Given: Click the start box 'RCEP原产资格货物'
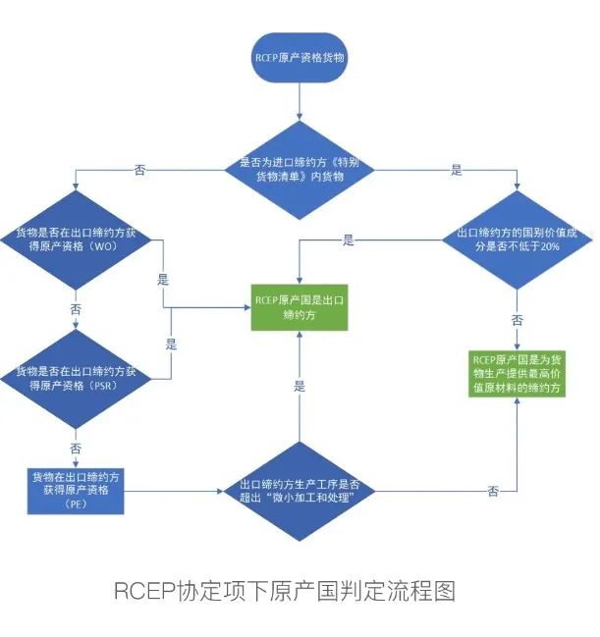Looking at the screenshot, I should pos(298,58).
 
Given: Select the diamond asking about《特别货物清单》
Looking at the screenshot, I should pos(298,169).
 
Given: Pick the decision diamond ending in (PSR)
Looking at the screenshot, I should pos(76,378).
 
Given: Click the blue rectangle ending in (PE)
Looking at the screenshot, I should pos(77,490).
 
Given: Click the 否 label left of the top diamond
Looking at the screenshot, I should pos(139,170).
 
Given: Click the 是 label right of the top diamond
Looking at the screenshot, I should pos(456,170).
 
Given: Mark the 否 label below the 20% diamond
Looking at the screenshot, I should pos(518,320).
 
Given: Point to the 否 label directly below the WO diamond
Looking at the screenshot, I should pos(77,308).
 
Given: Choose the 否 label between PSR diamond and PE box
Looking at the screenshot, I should pos(77,447).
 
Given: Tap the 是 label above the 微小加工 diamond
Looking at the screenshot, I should pos(300,388).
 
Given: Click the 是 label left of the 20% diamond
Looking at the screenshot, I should pos(348,239).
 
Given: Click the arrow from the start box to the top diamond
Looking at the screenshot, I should pos(298,100).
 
